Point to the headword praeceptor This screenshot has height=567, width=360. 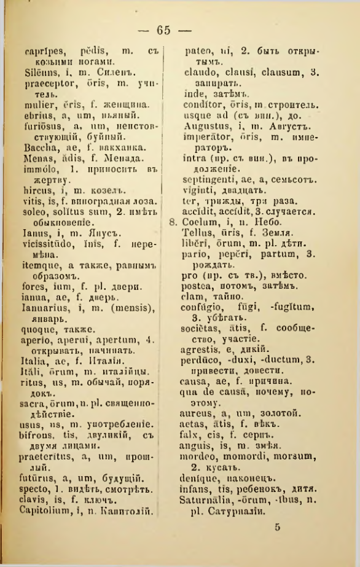[x=45, y=86]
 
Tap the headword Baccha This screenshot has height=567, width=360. [x=38, y=149]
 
